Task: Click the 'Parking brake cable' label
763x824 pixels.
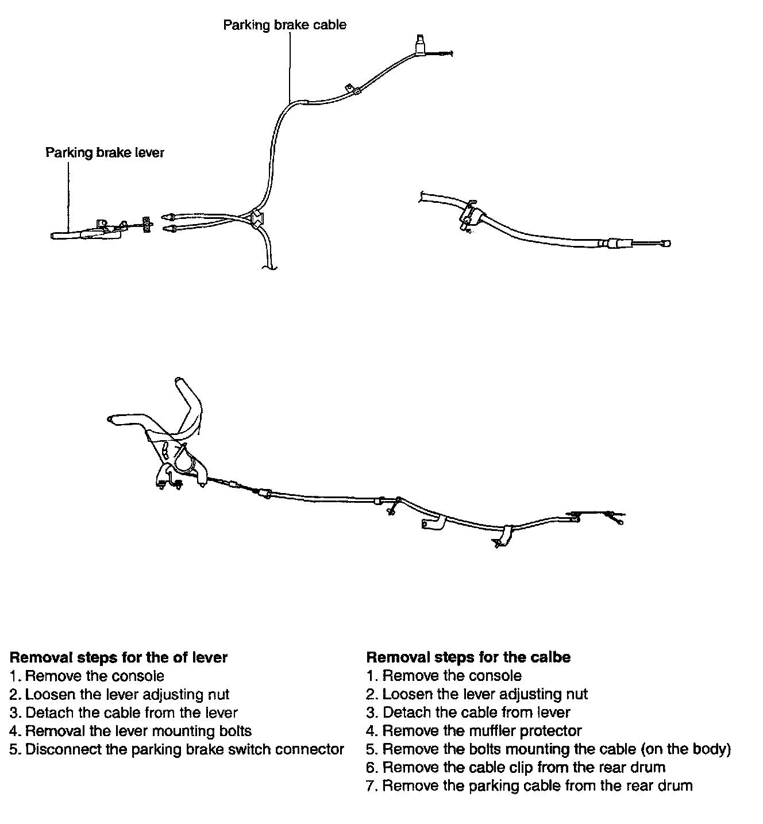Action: [284, 25]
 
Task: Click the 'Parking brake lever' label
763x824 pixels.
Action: [105, 153]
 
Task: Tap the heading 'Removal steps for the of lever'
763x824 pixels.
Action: [119, 657]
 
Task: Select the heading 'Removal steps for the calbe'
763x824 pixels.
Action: [468, 657]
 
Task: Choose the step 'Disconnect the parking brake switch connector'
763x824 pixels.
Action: [177, 749]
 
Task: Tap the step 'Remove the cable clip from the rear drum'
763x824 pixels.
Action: [515, 768]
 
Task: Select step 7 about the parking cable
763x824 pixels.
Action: [529, 786]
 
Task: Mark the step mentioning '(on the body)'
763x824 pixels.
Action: [548, 749]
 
